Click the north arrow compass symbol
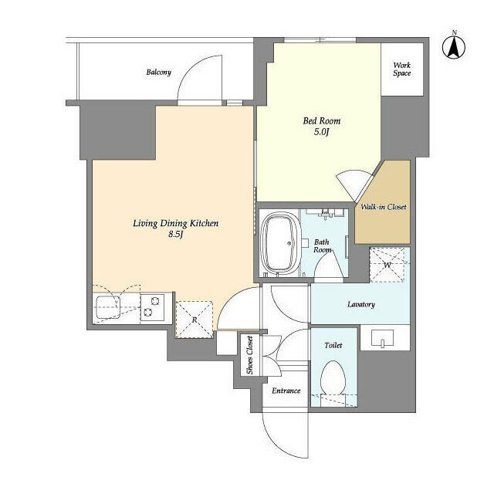coord(454,47)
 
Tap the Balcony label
coord(159,72)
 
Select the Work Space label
coord(401,69)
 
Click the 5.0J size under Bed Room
coord(321,132)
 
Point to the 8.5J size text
coord(175,234)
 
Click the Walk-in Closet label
coord(384,207)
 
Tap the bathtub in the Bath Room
coord(280,242)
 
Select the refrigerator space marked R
coord(195,320)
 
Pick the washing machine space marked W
coord(387,265)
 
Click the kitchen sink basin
coord(108,307)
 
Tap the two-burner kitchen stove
coord(152,307)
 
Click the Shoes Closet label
coord(249,355)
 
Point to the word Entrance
coord(286,391)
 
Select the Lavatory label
coord(361,304)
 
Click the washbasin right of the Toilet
coord(383,338)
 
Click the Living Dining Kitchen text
coord(175,223)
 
